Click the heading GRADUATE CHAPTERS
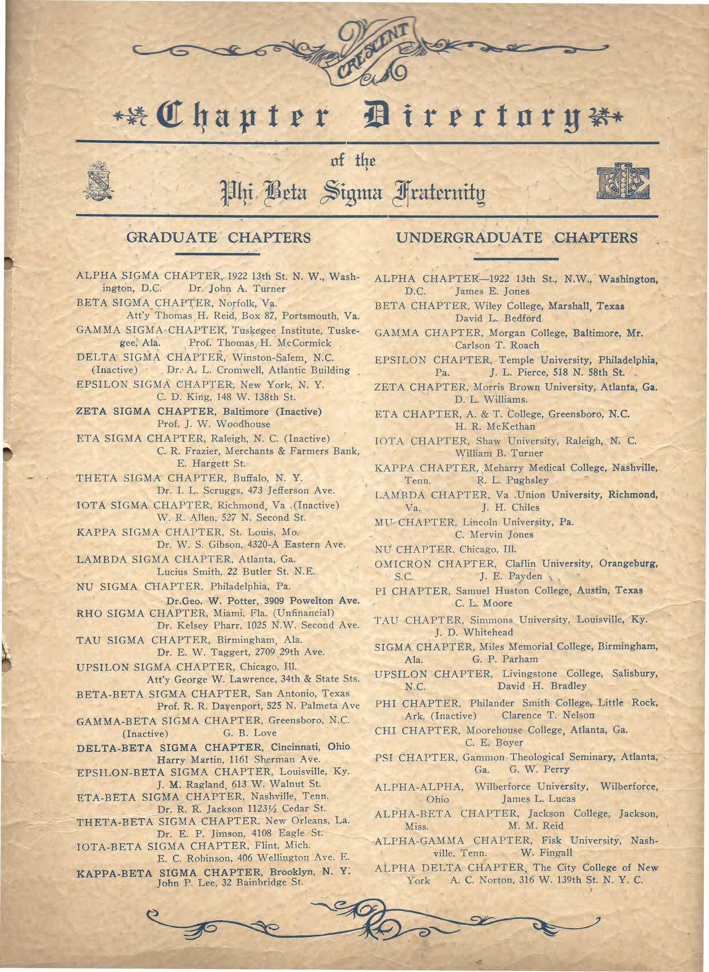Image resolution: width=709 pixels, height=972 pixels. pos(218,238)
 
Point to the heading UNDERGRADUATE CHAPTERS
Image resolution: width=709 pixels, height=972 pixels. pos(516,238)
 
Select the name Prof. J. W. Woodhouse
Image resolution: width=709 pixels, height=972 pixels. pos(213,424)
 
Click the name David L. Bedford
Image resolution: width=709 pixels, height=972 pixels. pos(498,318)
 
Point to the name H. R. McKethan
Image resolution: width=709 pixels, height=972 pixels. pos(495,426)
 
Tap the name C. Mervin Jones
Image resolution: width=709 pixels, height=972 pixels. pos(494,534)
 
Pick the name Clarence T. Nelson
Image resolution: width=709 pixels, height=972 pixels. pos(548,715)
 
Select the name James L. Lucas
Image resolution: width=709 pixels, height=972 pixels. pos(538,799)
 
